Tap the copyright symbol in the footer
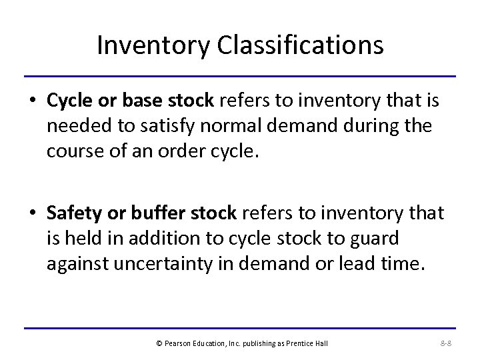(158, 343)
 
